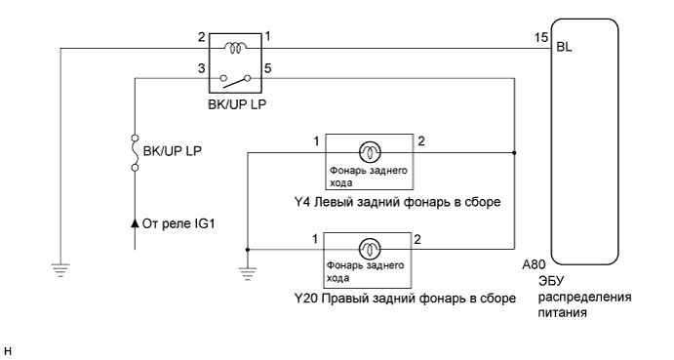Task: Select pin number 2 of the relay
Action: point(202,37)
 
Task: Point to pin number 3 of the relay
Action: point(202,68)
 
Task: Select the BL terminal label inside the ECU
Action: point(564,46)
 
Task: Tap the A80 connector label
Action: point(534,264)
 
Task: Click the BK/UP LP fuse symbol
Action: point(134,153)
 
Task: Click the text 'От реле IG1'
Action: point(178,222)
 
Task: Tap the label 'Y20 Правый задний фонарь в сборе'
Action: point(404,298)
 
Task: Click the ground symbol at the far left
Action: point(60,266)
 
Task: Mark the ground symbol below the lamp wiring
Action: point(247,266)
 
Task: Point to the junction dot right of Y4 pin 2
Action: point(513,152)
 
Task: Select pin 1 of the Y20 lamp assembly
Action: point(315,239)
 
